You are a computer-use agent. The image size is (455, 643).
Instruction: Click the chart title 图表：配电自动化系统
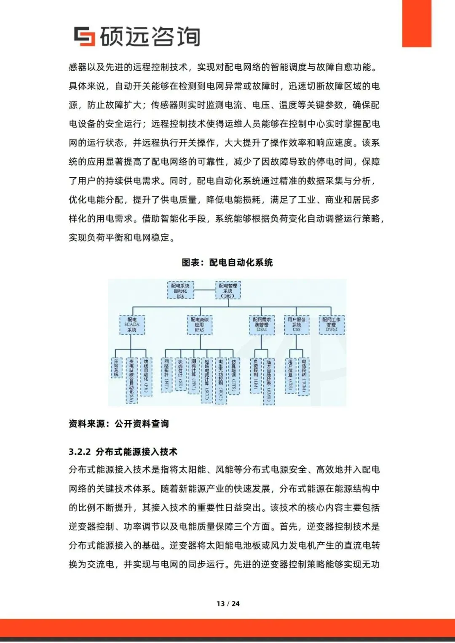coord(227,263)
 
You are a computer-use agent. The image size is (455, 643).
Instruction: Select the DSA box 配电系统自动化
coord(180,291)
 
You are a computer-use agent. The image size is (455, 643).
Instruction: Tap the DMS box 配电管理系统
coord(228,291)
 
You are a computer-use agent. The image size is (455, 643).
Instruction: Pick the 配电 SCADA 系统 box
coord(132,325)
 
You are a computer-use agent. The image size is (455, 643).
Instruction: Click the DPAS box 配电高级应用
coord(199,325)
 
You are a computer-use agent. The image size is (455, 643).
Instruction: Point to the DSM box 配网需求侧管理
coord(262,325)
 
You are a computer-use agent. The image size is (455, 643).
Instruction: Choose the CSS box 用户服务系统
coord(297,325)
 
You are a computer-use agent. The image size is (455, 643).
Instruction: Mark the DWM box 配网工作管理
coord(331,325)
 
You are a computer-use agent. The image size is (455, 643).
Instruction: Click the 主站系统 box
coord(117,368)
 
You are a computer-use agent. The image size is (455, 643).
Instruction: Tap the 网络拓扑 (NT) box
coord(167,374)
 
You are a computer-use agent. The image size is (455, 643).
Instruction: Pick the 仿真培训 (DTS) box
coord(234,376)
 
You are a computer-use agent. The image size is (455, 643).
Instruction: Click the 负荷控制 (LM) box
coord(255,375)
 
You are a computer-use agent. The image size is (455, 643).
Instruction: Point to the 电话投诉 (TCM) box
coord(304,376)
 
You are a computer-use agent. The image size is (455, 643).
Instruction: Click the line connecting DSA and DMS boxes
coord(205,290)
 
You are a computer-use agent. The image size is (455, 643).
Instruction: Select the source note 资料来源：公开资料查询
coord(119,424)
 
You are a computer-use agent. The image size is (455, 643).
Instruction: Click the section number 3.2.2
coord(80,452)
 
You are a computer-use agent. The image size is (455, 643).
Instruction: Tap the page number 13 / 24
coord(228,603)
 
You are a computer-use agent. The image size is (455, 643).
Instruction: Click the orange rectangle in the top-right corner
coord(417,23)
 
